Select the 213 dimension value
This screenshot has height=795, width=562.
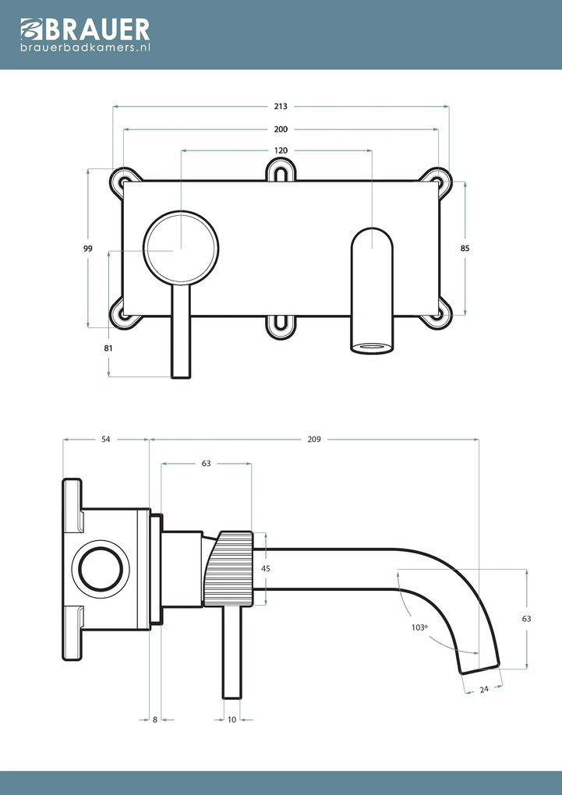click(281, 106)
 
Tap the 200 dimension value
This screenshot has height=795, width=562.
click(281, 129)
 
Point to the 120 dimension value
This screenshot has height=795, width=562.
click(281, 150)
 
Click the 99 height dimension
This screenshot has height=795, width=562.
click(88, 249)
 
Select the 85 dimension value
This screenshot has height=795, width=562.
click(465, 248)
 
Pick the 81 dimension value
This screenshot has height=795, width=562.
click(108, 348)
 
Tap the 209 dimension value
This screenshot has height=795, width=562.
click(314, 440)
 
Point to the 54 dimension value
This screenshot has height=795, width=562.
click(106, 440)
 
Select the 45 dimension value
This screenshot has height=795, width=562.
click(266, 569)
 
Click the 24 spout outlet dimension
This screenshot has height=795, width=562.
click(483, 688)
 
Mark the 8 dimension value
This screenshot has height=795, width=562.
click(155, 719)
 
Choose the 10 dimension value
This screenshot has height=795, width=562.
click(232, 719)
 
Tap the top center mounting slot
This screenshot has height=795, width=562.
click(281, 172)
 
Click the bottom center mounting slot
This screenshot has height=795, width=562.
click(281, 326)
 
